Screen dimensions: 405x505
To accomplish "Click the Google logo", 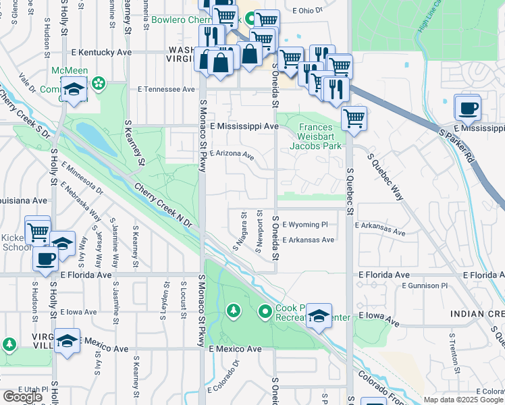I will (x=22, y=397).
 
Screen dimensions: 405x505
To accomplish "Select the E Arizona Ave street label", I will (x=232, y=155).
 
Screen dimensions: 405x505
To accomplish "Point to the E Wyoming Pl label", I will (x=304, y=224).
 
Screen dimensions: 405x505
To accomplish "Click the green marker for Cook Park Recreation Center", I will (x=265, y=311).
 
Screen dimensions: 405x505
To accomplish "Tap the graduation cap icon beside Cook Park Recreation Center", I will (x=318, y=315).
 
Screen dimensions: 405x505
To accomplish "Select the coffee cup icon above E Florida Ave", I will (x=46, y=258).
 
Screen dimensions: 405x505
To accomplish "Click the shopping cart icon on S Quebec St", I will (x=354, y=119).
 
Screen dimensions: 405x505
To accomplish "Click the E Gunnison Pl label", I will (x=425, y=286).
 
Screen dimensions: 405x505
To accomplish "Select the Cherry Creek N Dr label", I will (x=163, y=204).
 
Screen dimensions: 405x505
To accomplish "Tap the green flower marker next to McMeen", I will (x=99, y=83).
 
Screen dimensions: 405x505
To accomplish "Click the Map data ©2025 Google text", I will (x=464, y=400).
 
